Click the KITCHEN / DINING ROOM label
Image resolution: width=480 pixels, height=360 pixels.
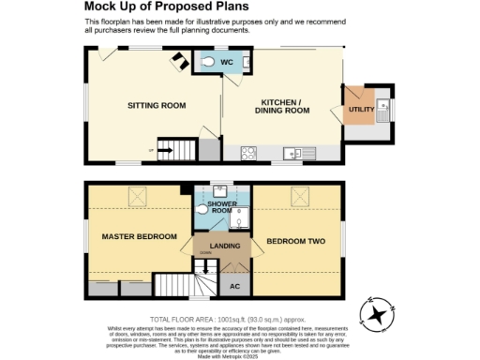[x=282, y=106]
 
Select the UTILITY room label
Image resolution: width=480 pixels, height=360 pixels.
[x=361, y=110]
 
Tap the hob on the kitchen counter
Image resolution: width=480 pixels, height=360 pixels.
[x=250, y=151]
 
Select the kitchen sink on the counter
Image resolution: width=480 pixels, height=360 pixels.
[x=293, y=151]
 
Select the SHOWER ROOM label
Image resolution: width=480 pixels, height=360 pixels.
[x=223, y=207]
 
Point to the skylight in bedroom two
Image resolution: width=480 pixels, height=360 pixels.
[x=300, y=195]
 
